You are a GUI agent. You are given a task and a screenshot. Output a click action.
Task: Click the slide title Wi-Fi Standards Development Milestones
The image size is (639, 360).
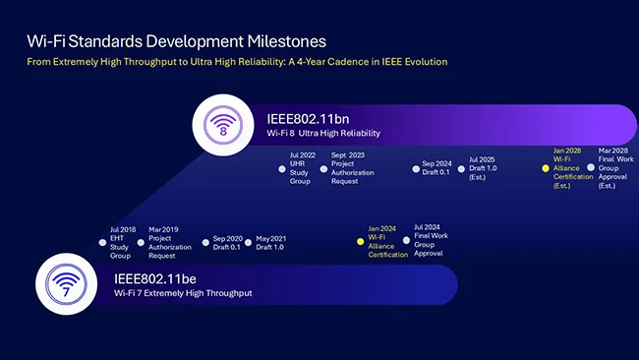[176, 40]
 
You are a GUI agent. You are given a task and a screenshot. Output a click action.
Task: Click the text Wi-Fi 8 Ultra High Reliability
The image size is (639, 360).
[323, 133]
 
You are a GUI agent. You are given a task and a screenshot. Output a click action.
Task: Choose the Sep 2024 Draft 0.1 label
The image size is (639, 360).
[436, 168]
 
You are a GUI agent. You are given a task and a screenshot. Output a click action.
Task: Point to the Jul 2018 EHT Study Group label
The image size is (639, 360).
[120, 242]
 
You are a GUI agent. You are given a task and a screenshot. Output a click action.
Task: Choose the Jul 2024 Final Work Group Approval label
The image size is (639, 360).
[428, 241]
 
